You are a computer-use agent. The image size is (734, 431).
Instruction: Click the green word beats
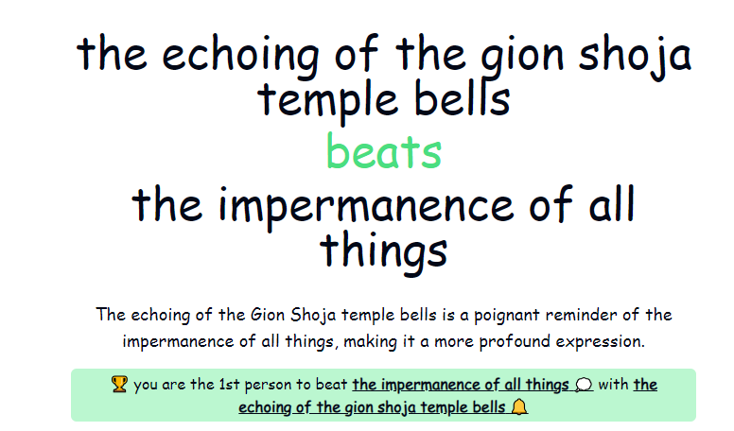384,150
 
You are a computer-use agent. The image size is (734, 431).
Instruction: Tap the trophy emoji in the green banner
119,384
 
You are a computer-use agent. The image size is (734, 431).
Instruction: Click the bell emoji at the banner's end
518,406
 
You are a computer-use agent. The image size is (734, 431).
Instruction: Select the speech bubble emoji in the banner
584,385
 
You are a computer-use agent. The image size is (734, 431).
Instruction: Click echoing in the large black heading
241,55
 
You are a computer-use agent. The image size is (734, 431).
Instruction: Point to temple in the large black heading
327,100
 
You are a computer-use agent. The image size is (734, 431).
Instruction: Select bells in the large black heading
462,98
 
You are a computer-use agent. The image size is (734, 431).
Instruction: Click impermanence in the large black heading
366,205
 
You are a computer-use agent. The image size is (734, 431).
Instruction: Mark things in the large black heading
383,250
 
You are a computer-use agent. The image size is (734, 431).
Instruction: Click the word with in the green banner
613,384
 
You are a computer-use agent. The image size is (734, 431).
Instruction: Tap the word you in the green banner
145,385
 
